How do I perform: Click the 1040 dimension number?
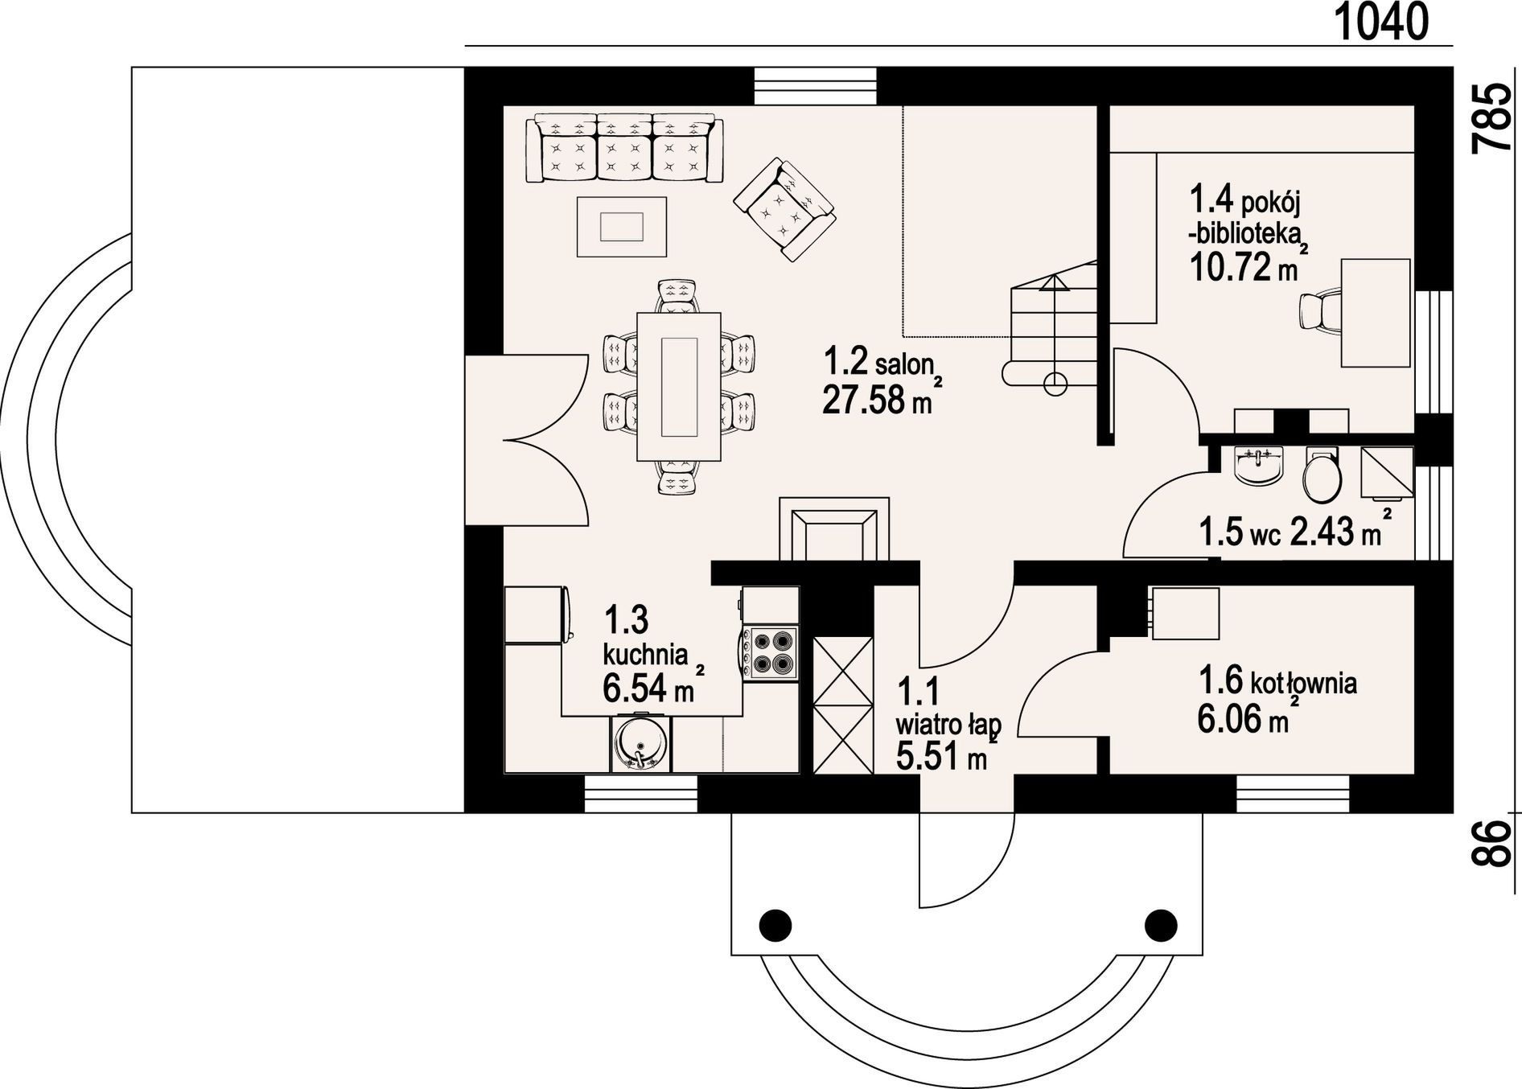pyautogui.click(x=1381, y=22)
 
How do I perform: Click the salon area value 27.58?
pyautogui.click(x=863, y=401)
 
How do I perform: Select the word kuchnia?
pyautogui.click(x=646, y=654)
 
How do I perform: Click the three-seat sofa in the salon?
pyautogui.click(x=624, y=150)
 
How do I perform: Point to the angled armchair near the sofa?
pyautogui.click(x=784, y=208)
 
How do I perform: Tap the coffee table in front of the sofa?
pyautogui.click(x=622, y=227)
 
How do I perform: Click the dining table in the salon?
pyautogui.click(x=679, y=387)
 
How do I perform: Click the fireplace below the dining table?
pyautogui.click(x=834, y=529)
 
